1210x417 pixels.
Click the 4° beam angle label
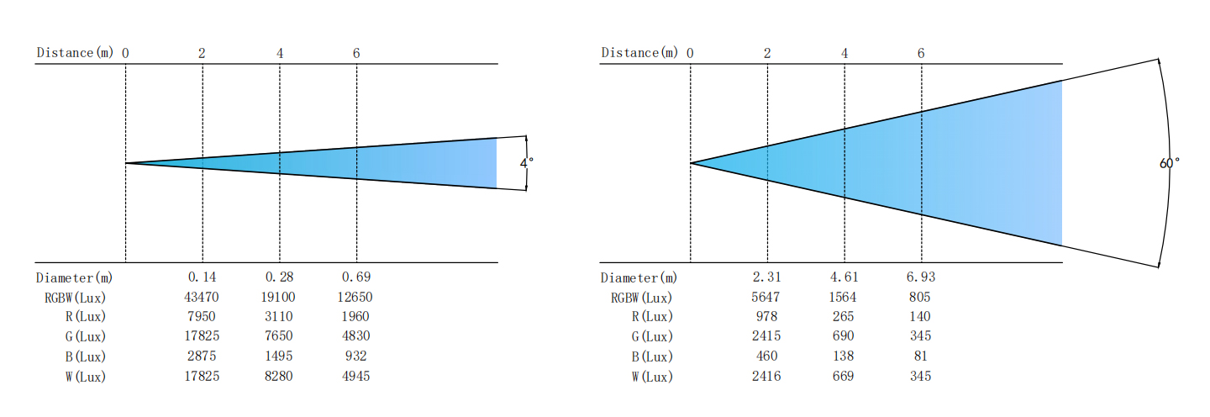[x=527, y=162]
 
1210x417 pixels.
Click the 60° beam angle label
[x=1170, y=162]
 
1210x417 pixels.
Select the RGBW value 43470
[x=202, y=297]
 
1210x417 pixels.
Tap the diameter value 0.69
[x=356, y=277]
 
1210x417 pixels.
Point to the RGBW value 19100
[x=278, y=297]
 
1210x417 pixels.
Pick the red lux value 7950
[x=202, y=316]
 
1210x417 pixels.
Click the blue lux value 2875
[x=202, y=356]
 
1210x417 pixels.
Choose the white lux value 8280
[x=279, y=376]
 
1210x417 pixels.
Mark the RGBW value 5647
[x=765, y=297]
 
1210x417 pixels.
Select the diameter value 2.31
[x=766, y=277]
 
